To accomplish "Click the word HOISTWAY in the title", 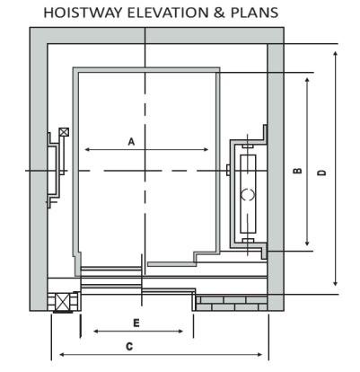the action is (x=83, y=13).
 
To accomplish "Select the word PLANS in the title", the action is (x=254, y=13).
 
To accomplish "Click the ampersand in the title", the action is (x=219, y=13).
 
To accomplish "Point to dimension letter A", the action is (x=131, y=141).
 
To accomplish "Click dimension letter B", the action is (x=297, y=171).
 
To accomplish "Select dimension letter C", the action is (x=129, y=347).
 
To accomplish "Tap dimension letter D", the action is (x=322, y=173).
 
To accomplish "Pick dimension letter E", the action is (x=136, y=323).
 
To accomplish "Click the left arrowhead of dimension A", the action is (x=87, y=149).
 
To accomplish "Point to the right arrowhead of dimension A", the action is (x=206, y=149).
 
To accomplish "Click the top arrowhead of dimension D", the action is (x=336, y=54).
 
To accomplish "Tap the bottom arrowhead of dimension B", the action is (x=307, y=243).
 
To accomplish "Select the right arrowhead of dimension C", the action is (x=259, y=355).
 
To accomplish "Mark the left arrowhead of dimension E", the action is (x=96, y=332).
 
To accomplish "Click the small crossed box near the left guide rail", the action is (x=64, y=132).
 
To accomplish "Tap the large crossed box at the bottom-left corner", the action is (x=63, y=302).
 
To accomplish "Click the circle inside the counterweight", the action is (x=248, y=194).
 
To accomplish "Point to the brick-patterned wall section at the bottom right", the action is (x=231, y=303).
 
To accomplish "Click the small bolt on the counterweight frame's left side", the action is (x=228, y=170).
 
